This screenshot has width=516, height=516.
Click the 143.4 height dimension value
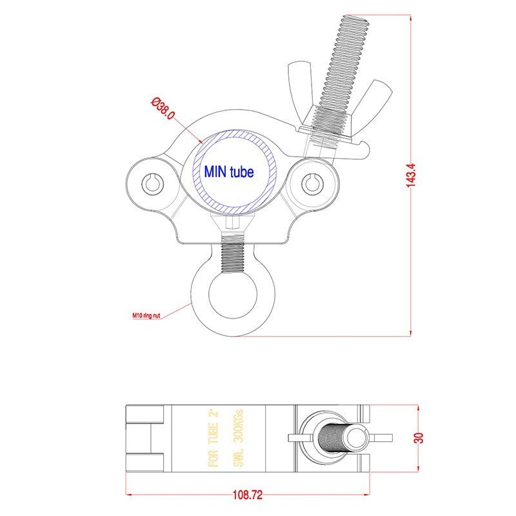(411, 175)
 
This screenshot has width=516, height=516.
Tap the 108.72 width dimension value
(248, 495)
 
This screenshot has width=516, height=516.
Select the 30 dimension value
(420, 438)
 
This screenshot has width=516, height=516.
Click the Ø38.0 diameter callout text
(163, 108)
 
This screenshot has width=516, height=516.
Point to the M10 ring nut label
(146, 315)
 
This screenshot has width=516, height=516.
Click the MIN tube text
(229, 172)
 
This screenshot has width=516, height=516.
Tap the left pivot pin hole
(152, 183)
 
